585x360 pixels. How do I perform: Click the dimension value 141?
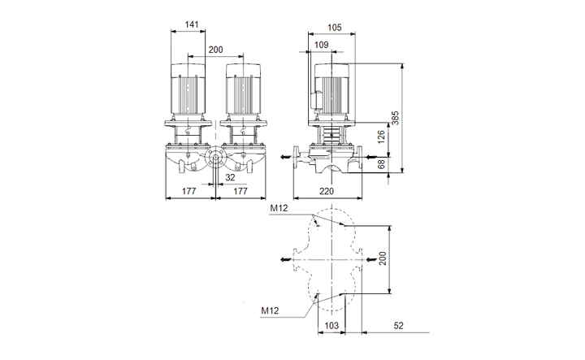[192, 25]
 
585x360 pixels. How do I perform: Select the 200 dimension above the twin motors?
[215, 50]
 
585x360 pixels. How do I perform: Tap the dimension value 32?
[230, 176]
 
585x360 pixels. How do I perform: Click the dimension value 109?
[322, 45]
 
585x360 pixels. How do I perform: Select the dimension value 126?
[381, 134]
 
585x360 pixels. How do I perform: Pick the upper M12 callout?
[279, 209]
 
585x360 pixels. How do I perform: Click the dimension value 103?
[331, 325]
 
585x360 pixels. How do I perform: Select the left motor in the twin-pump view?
[188, 88]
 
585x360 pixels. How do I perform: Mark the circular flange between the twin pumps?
[215, 159]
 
